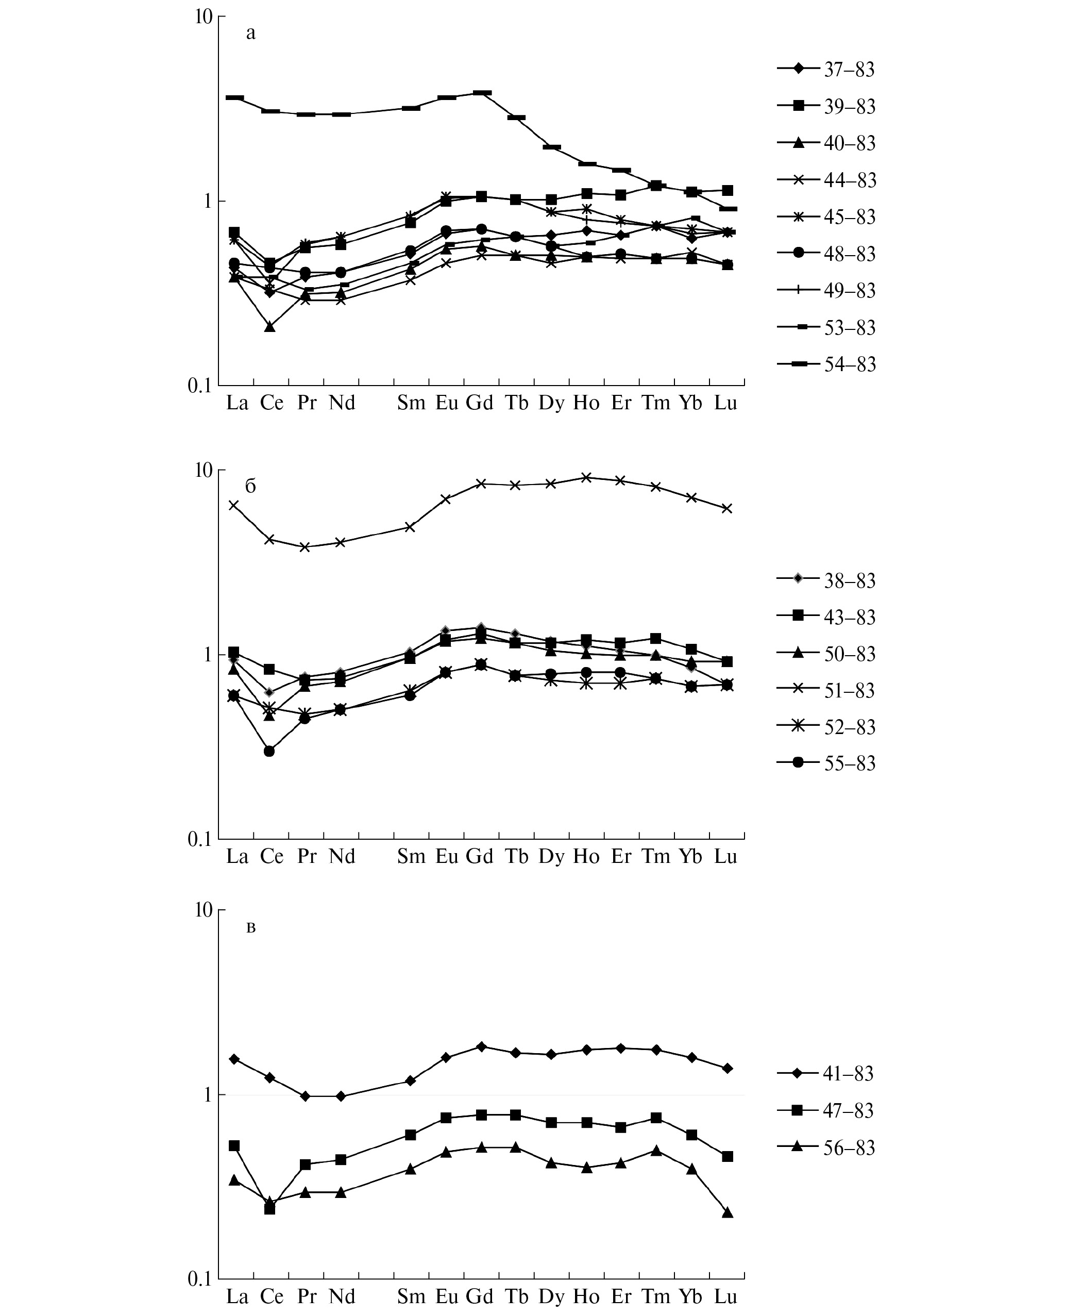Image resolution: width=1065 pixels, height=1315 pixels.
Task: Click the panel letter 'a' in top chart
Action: click(x=250, y=33)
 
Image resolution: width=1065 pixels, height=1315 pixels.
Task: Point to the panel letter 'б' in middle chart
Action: click(x=250, y=487)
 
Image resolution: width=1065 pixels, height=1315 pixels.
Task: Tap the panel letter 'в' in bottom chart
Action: click(x=250, y=928)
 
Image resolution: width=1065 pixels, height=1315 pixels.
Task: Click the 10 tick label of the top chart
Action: click(x=203, y=17)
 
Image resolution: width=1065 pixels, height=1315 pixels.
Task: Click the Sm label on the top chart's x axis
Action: click(x=411, y=403)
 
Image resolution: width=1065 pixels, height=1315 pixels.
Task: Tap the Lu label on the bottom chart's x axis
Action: click(x=726, y=1296)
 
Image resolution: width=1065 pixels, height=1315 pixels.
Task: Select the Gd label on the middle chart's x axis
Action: click(x=480, y=857)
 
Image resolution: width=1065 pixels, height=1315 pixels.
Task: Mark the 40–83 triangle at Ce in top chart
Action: click(x=269, y=327)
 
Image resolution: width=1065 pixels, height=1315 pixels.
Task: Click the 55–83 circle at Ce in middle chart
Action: click(x=269, y=751)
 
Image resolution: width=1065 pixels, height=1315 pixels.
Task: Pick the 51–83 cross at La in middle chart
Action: click(x=234, y=506)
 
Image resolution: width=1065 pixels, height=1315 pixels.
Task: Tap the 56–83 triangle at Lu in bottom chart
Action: click(x=728, y=1213)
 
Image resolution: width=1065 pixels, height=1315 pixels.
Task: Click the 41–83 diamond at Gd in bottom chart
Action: click(x=482, y=1047)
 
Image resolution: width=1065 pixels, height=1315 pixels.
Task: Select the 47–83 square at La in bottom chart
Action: click(x=234, y=1146)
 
